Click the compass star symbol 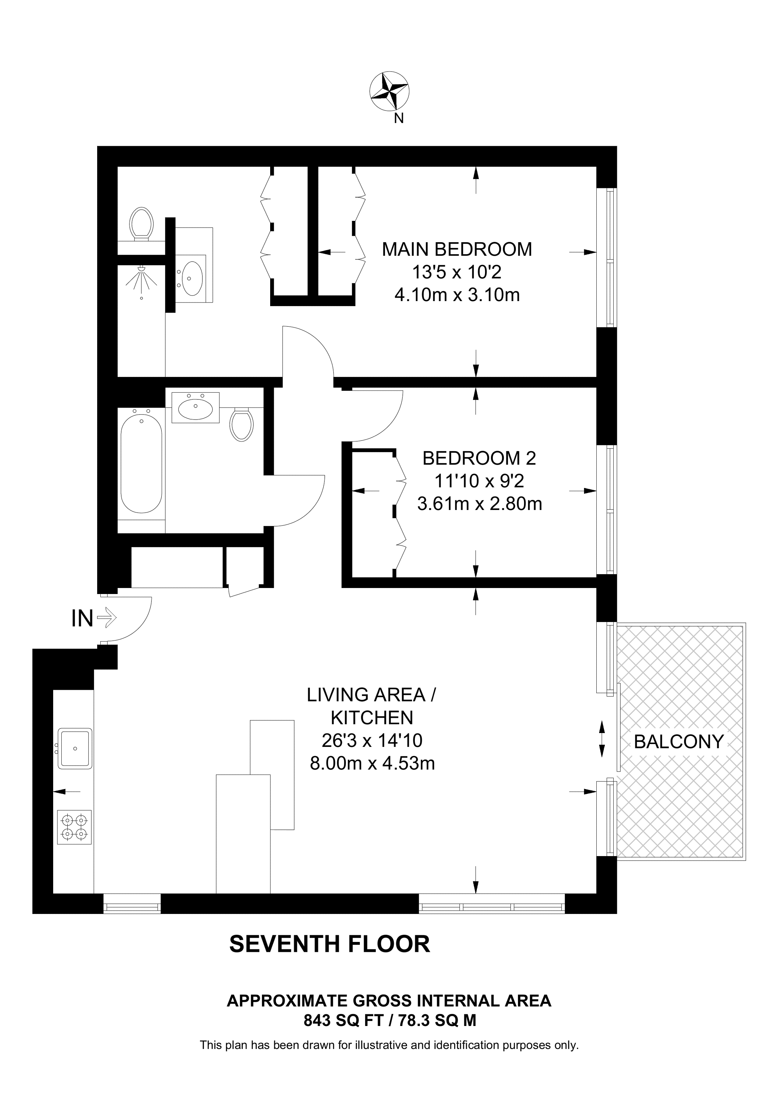point(389,91)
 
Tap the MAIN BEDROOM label point(457,250)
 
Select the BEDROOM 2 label point(479,458)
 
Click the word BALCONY point(679,742)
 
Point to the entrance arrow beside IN point(107,617)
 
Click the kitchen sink point(74,748)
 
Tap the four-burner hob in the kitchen point(74,827)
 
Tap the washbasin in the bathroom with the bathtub point(196,409)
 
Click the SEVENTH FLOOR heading point(329,944)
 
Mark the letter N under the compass point(399,119)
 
